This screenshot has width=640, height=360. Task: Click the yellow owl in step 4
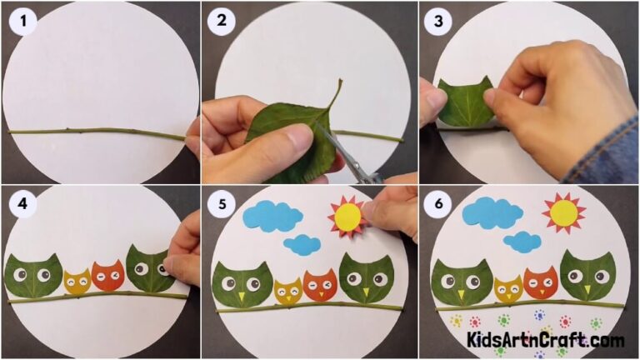click(77, 282)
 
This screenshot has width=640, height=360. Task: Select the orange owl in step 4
click(107, 275)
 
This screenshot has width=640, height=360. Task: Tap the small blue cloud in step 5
click(302, 244)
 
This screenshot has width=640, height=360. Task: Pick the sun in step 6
click(564, 212)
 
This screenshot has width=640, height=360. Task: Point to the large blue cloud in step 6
click(492, 212)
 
